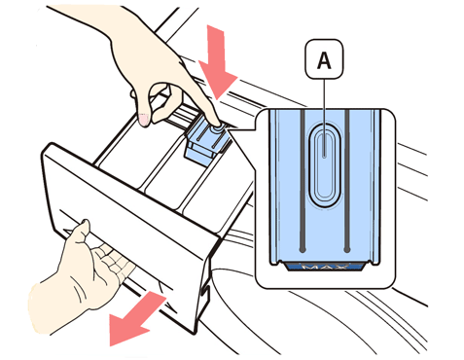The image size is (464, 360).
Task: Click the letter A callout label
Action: click(x=324, y=59)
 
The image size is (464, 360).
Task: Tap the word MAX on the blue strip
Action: click(x=325, y=267)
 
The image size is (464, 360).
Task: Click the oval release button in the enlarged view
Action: click(x=325, y=166)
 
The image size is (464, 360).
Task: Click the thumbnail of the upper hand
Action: click(x=144, y=119)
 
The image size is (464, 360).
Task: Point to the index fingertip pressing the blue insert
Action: click(x=218, y=125)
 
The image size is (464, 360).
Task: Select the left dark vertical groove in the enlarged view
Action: click(x=303, y=181)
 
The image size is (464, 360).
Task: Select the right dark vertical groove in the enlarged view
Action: click(x=346, y=181)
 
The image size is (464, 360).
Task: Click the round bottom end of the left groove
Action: click(x=303, y=250)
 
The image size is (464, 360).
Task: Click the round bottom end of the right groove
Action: click(x=347, y=250)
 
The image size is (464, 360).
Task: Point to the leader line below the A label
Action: click(x=325, y=118)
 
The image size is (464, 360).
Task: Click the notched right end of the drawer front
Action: click(x=203, y=285)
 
